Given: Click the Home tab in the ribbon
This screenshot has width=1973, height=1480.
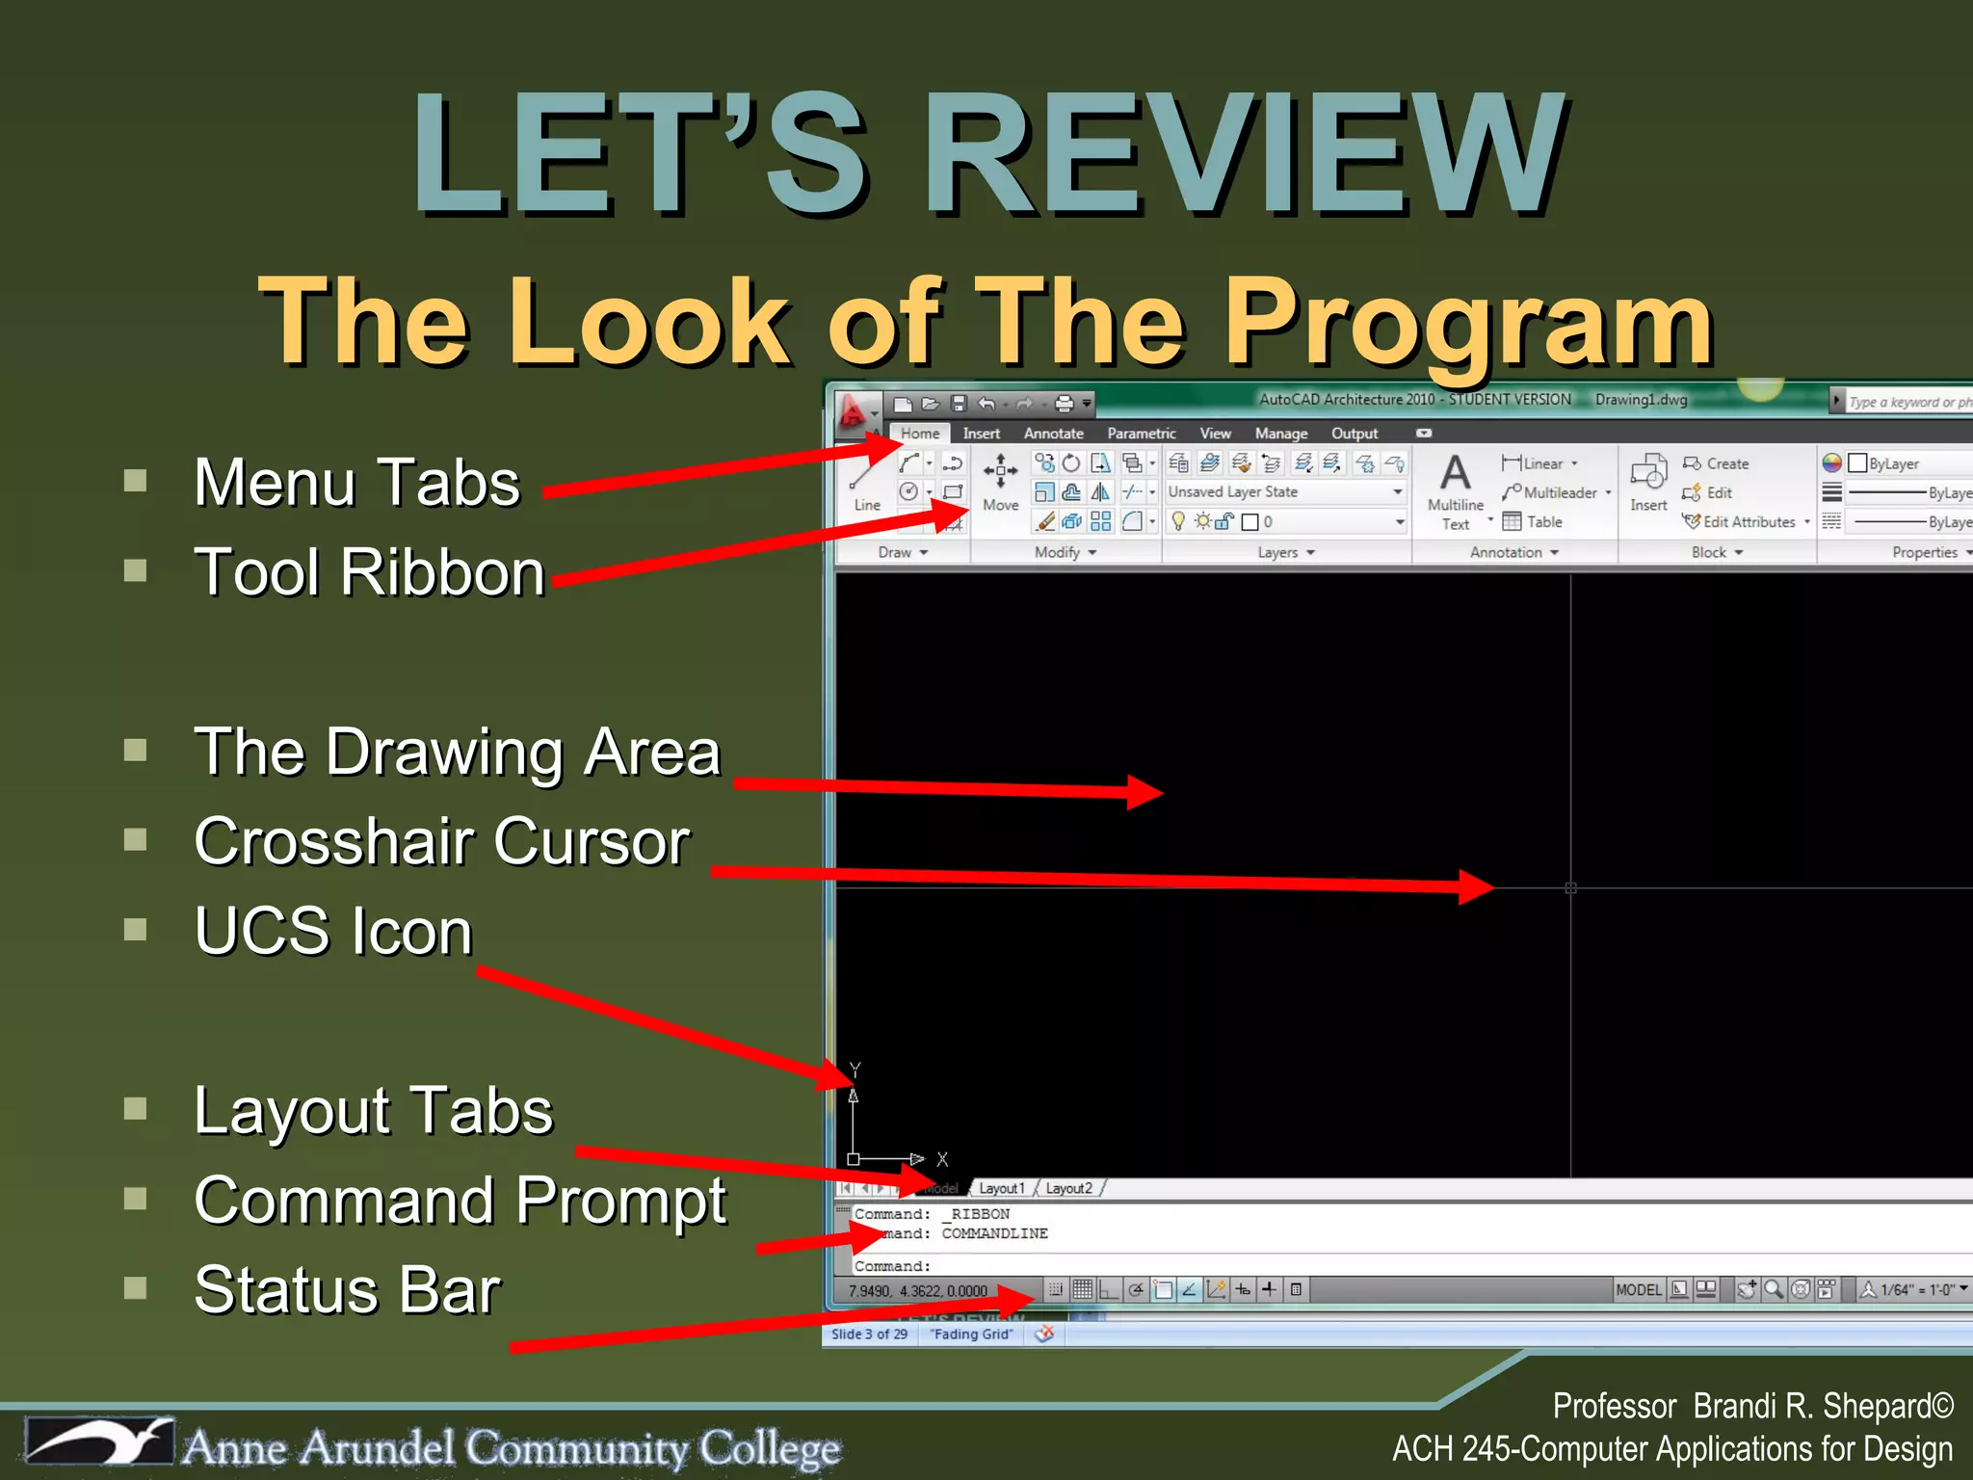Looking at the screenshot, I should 920,434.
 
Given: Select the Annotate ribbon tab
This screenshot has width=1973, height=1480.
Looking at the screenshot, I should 1053,434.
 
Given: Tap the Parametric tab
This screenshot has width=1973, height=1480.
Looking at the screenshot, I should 1141,434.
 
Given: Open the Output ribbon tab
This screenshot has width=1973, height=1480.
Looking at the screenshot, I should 1354,434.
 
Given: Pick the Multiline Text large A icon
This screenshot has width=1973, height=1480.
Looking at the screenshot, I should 1455,473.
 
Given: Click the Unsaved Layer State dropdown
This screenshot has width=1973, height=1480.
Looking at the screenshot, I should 1285,492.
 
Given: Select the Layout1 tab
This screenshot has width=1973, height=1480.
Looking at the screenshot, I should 1002,1188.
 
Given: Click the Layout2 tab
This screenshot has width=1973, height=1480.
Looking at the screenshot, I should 1069,1188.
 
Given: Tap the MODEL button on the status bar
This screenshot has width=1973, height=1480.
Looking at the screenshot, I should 1638,1289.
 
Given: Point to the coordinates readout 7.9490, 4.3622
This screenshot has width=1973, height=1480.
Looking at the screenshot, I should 917,1290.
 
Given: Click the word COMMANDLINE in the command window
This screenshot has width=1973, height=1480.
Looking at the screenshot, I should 994,1233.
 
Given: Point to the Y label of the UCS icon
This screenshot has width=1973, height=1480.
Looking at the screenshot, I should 855,1070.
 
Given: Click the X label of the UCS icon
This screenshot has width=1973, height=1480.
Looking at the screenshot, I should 942,1159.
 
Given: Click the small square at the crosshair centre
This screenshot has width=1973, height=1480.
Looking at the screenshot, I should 1570,887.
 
